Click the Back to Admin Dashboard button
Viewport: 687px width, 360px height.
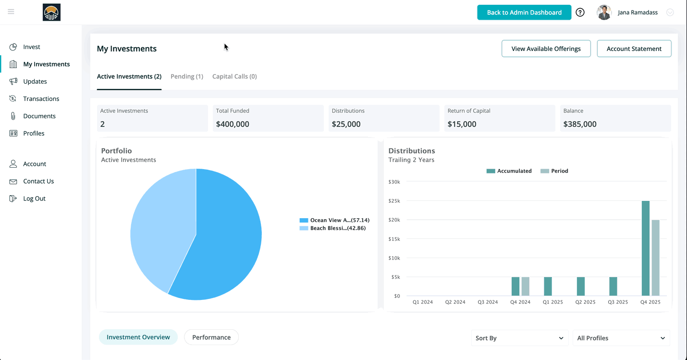click(x=524, y=12)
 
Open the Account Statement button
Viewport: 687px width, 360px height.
click(x=634, y=49)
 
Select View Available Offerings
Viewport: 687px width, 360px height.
click(x=546, y=49)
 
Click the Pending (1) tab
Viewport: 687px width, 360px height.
click(x=187, y=76)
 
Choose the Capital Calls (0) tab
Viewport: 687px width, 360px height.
click(x=234, y=76)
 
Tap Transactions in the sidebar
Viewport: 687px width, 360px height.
click(x=41, y=99)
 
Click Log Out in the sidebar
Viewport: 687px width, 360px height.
click(x=34, y=199)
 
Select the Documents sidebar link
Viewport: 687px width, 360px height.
click(x=39, y=116)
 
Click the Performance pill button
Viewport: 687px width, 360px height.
click(x=211, y=337)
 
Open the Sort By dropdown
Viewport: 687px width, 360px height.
click(x=519, y=338)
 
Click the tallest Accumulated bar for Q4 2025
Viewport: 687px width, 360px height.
click(x=645, y=248)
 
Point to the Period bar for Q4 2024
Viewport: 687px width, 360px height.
click(x=526, y=286)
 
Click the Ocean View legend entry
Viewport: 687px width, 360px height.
click(x=334, y=220)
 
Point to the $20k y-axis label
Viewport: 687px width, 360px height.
click(x=394, y=220)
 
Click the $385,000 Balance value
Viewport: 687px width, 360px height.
click(x=579, y=124)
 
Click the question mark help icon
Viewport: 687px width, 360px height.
click(x=580, y=12)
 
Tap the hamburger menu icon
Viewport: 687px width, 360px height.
click(x=11, y=12)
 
